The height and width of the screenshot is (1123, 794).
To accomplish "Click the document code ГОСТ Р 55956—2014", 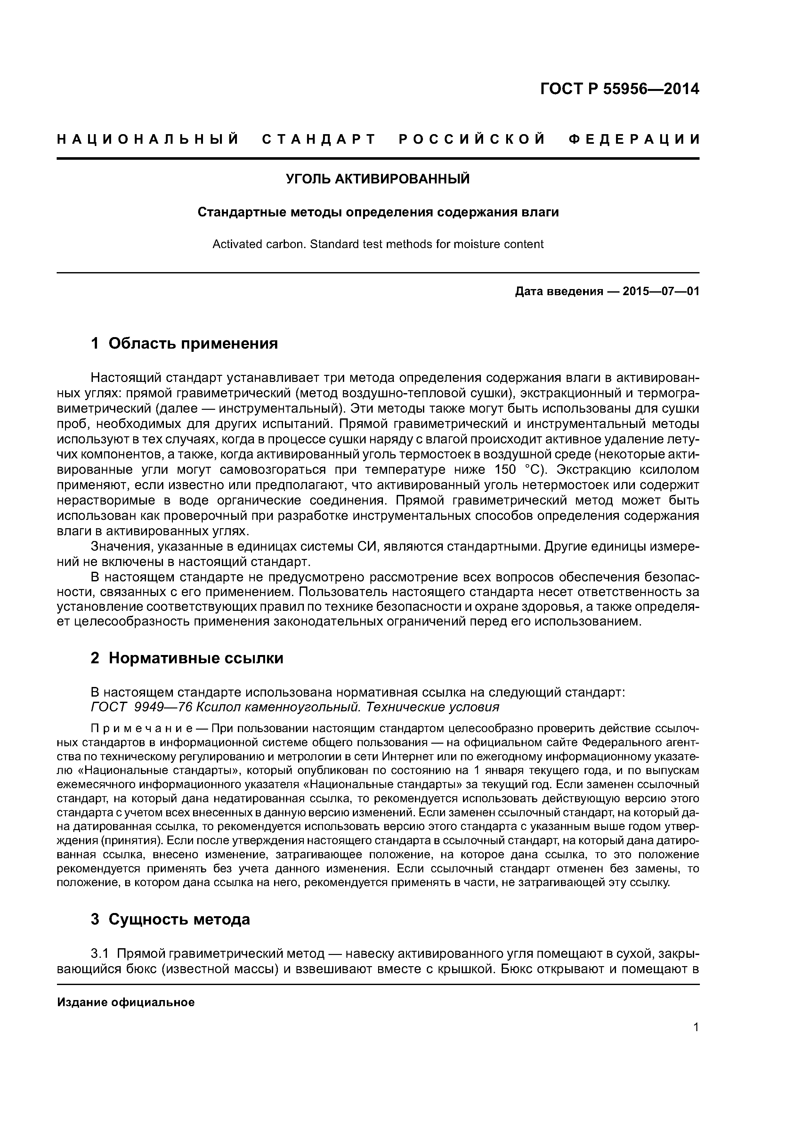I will tap(619, 89).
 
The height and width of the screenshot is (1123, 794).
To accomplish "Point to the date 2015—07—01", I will tap(660, 292).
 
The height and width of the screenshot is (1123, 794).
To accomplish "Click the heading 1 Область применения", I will tap(184, 343).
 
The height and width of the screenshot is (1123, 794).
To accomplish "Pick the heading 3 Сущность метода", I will tap(170, 919).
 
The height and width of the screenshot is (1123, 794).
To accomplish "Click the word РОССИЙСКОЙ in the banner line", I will tap(472, 139).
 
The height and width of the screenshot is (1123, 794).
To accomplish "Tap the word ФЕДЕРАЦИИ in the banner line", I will tap(635, 139).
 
